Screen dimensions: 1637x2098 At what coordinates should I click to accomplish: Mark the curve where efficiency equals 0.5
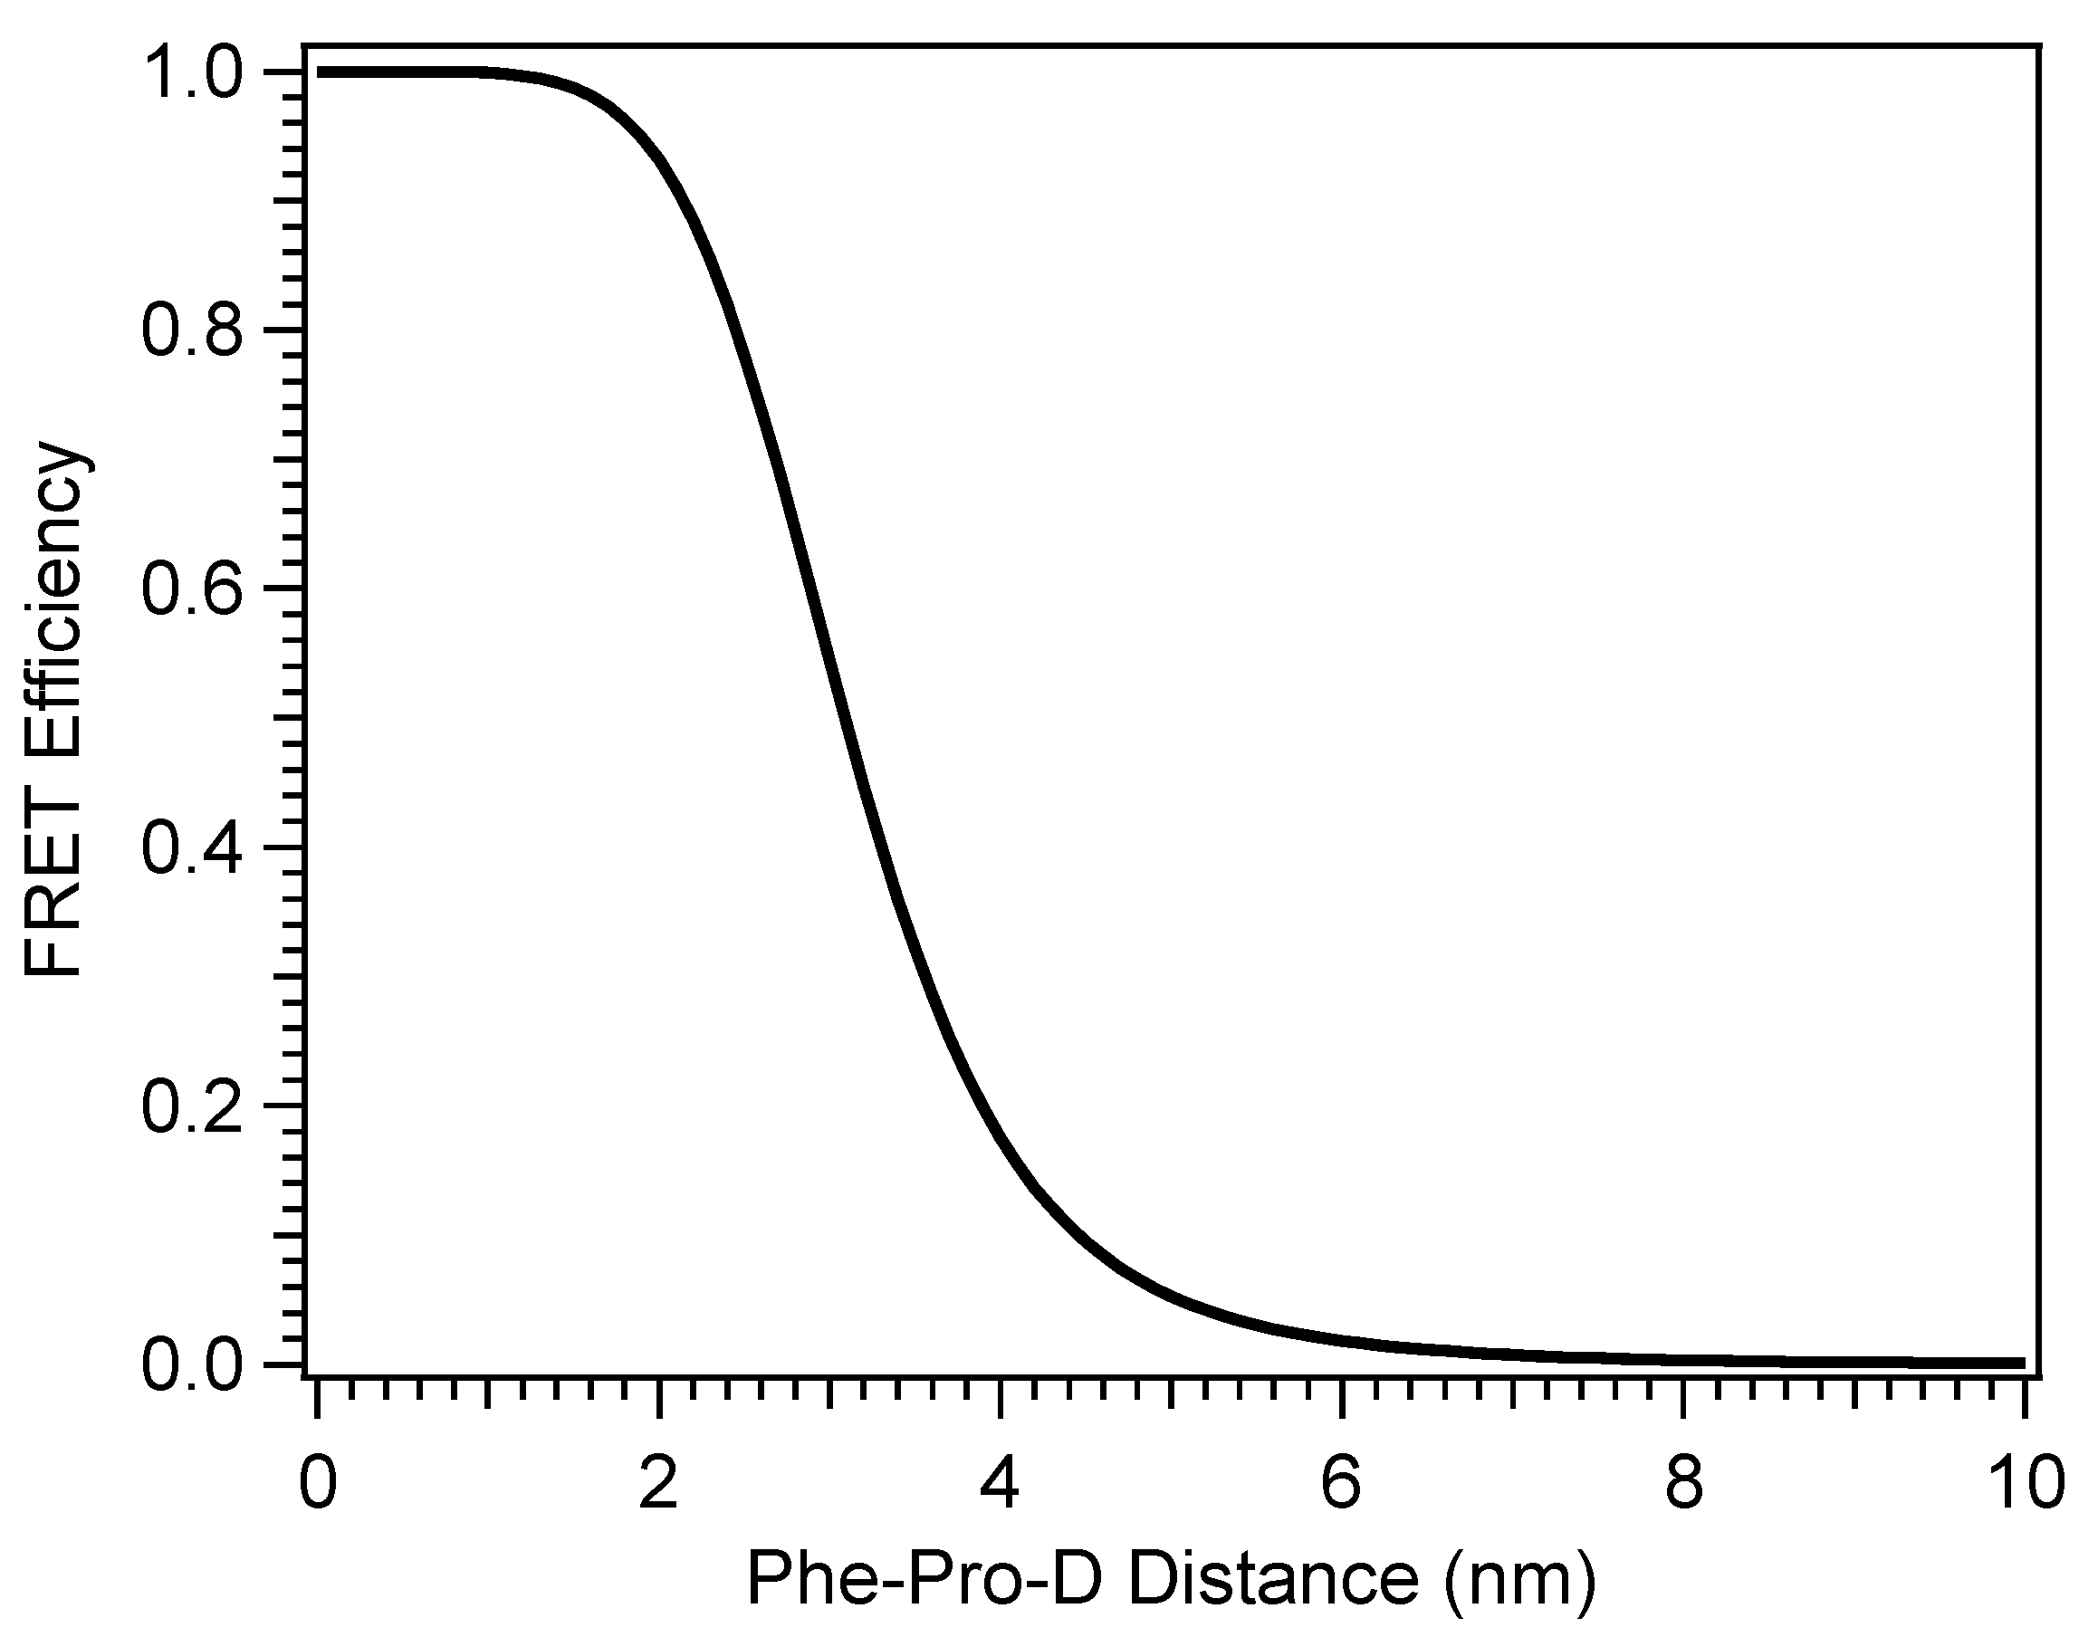tap(838, 718)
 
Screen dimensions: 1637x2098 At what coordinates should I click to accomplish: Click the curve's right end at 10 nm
tap(2022, 1364)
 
